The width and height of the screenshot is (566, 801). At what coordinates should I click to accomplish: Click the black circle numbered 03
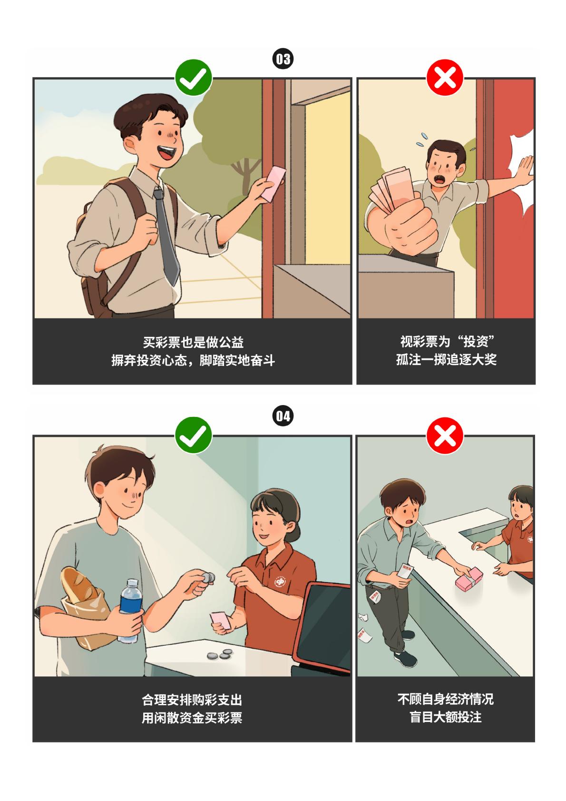coord(283,59)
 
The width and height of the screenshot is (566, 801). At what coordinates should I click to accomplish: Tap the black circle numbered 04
coord(283,416)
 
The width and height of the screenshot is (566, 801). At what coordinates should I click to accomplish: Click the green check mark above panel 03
coord(193,77)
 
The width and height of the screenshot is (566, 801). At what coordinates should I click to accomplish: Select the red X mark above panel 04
coord(445,435)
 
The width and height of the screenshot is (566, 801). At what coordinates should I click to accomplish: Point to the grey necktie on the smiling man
coord(166,236)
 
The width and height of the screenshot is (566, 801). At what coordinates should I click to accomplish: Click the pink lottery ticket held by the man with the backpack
coord(273,183)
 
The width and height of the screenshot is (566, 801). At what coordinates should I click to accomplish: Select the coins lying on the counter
coord(220,654)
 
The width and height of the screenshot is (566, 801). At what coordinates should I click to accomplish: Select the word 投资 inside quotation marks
coord(476,342)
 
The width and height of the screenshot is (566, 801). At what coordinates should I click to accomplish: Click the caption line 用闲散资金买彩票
coord(192,717)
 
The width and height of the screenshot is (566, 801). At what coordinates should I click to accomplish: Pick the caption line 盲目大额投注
coord(445,716)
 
